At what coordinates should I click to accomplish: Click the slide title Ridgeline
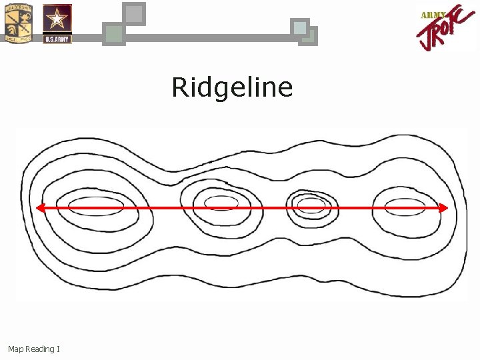coord(232,87)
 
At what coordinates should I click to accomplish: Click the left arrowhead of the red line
coord(40,208)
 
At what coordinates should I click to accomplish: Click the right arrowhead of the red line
coord(443,208)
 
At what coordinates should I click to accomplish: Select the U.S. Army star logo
coord(57,23)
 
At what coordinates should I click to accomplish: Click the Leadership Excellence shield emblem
coord(19,23)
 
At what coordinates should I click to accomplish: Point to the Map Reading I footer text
coord(34,349)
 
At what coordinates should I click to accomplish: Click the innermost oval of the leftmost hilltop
coord(96,203)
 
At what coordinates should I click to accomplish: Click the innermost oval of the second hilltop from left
coord(221,203)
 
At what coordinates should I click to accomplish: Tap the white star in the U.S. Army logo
coord(57,18)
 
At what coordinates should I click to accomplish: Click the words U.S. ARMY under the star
coord(57,39)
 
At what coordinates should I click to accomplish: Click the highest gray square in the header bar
coord(135,13)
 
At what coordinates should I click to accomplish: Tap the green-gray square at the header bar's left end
coord(114,34)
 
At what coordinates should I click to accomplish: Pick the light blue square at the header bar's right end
coord(300,27)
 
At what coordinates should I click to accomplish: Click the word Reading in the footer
coord(40,349)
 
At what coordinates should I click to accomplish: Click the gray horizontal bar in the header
coord(207,38)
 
